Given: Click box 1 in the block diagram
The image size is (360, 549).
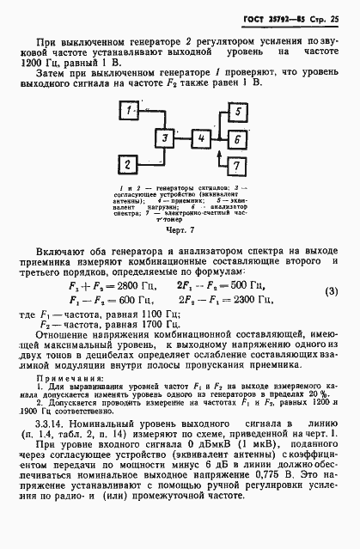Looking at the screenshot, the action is tap(127, 111).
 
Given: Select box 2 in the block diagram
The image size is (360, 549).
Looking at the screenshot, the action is tap(127, 162).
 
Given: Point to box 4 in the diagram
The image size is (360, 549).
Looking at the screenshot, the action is tap(200, 137).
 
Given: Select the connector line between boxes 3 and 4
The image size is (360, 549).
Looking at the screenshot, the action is tap(181, 137).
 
